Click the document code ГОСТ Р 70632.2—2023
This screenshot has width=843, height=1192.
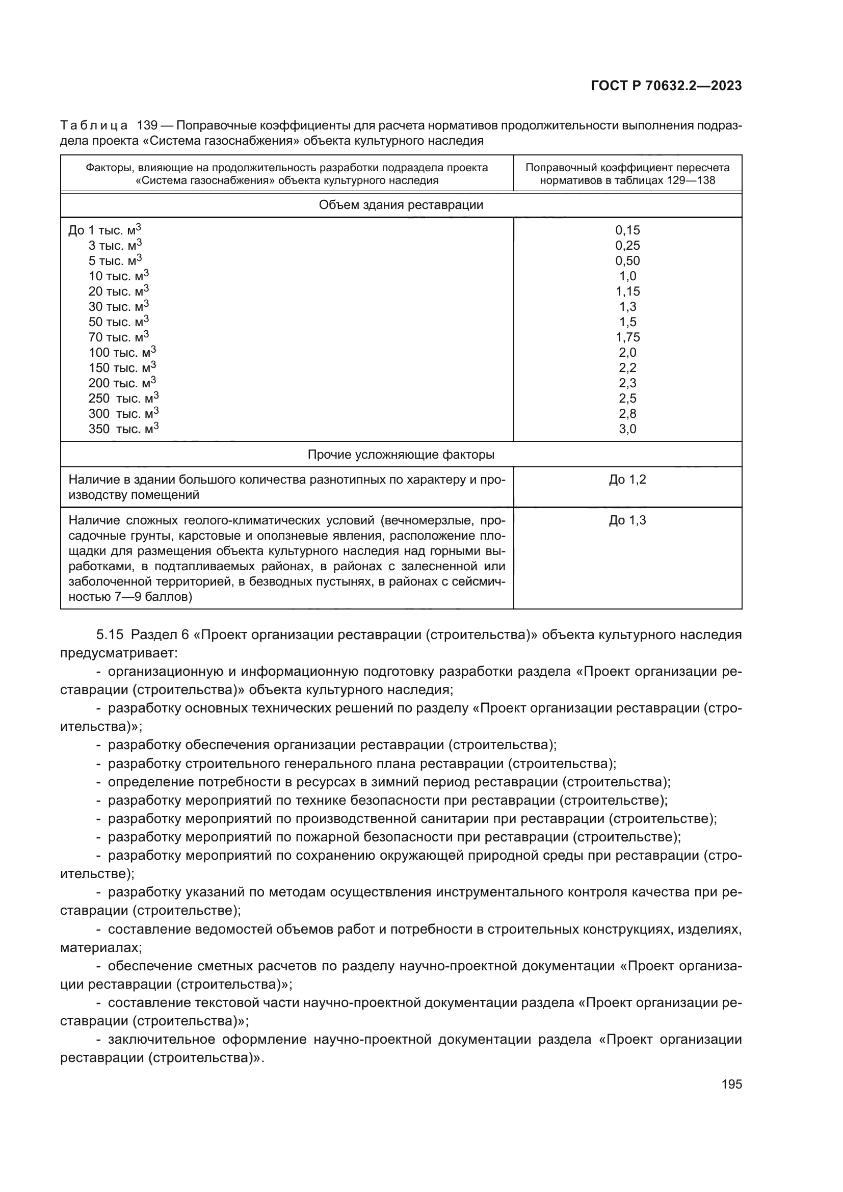[666, 86]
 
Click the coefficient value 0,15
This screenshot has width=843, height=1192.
[627, 230]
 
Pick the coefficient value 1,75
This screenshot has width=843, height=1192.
[627, 337]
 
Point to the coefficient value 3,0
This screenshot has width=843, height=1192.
[627, 429]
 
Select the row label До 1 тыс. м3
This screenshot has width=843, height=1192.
[104, 230]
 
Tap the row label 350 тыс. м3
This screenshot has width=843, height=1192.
[123, 429]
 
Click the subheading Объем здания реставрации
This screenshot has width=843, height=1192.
[401, 205]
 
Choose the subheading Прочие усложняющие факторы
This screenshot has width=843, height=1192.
[401, 455]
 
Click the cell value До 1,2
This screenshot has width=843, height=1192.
[627, 480]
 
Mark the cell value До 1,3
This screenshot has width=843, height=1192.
[627, 520]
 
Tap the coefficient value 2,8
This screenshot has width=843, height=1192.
[627, 414]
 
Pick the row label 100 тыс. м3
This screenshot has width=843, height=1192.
[122, 353]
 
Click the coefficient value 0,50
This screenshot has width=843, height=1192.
[627, 260]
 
